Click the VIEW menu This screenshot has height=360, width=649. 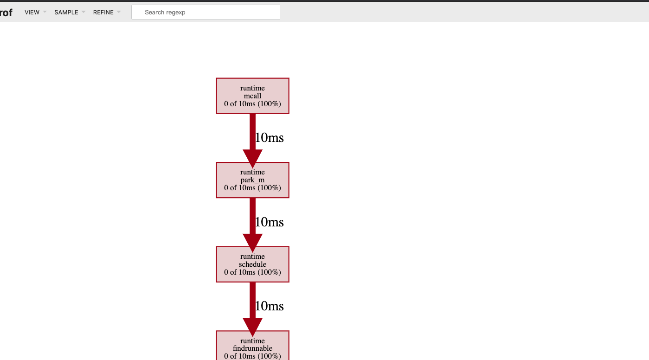(32, 13)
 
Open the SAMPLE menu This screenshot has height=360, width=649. (66, 13)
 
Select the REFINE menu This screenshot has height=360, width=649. (103, 13)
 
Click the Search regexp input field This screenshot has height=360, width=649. (206, 13)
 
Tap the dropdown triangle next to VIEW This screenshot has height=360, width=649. (45, 12)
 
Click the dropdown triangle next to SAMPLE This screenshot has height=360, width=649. (84, 12)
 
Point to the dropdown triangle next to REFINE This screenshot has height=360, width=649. (119, 12)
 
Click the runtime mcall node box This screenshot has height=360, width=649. (252, 96)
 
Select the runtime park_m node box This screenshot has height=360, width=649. (252, 180)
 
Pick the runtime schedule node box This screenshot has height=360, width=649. (252, 264)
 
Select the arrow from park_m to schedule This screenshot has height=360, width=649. (252, 222)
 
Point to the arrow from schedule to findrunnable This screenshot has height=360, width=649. (252, 306)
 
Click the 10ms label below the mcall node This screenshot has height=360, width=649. (270, 138)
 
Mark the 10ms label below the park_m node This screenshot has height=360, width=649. (270, 222)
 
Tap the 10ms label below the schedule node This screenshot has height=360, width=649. (270, 306)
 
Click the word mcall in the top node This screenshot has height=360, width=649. (252, 96)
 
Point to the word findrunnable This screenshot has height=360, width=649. (252, 348)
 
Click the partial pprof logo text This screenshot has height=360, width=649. (6, 13)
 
